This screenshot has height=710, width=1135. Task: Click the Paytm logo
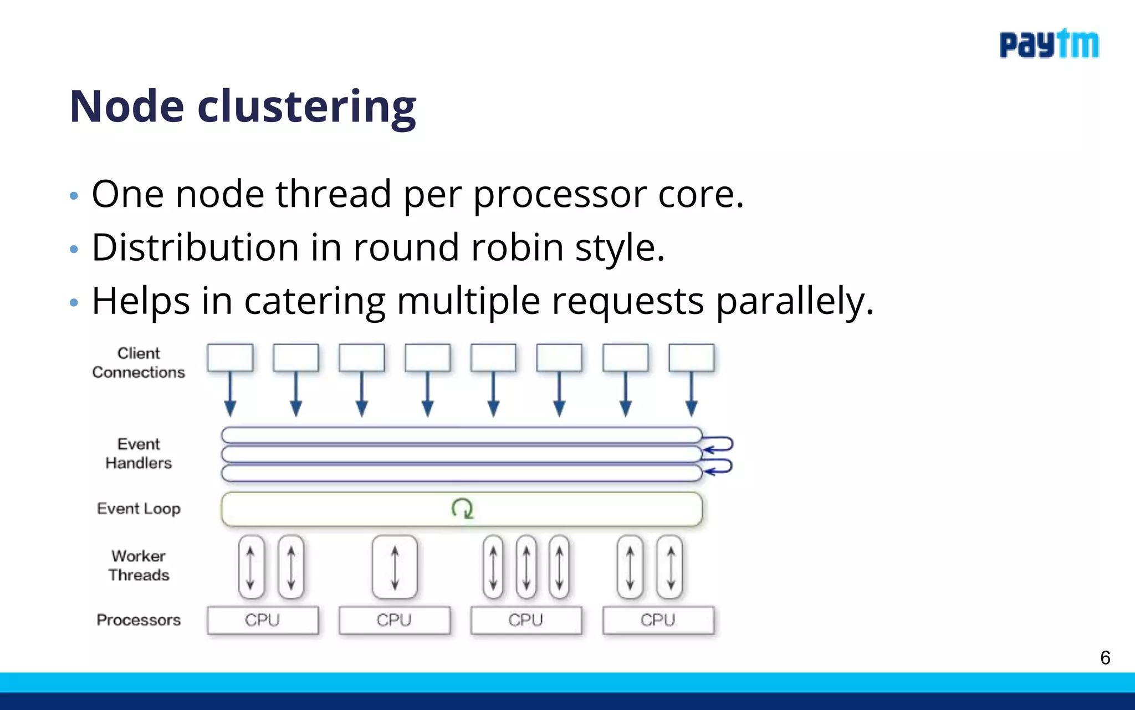tap(1049, 44)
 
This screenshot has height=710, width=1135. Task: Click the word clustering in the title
tap(306, 107)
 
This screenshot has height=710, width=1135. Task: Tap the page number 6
tap(1105, 658)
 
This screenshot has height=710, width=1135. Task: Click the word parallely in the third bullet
tap(794, 302)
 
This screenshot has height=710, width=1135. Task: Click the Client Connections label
tap(139, 363)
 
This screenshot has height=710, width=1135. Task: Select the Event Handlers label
tap(139, 454)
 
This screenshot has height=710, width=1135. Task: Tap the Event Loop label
tap(139, 509)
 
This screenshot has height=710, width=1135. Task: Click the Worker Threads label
tap(139, 565)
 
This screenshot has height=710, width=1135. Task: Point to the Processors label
tap(139, 620)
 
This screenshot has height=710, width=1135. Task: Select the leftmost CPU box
tap(263, 620)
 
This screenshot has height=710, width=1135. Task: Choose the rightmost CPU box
tap(658, 620)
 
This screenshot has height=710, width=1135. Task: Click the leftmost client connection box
tap(230, 358)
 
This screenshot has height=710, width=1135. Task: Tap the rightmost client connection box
tap(691, 358)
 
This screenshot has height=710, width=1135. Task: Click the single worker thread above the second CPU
tap(395, 567)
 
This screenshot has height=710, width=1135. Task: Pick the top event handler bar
tap(461, 435)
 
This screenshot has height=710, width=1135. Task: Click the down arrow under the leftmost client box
tap(230, 395)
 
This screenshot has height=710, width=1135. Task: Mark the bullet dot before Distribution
tap(74, 250)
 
